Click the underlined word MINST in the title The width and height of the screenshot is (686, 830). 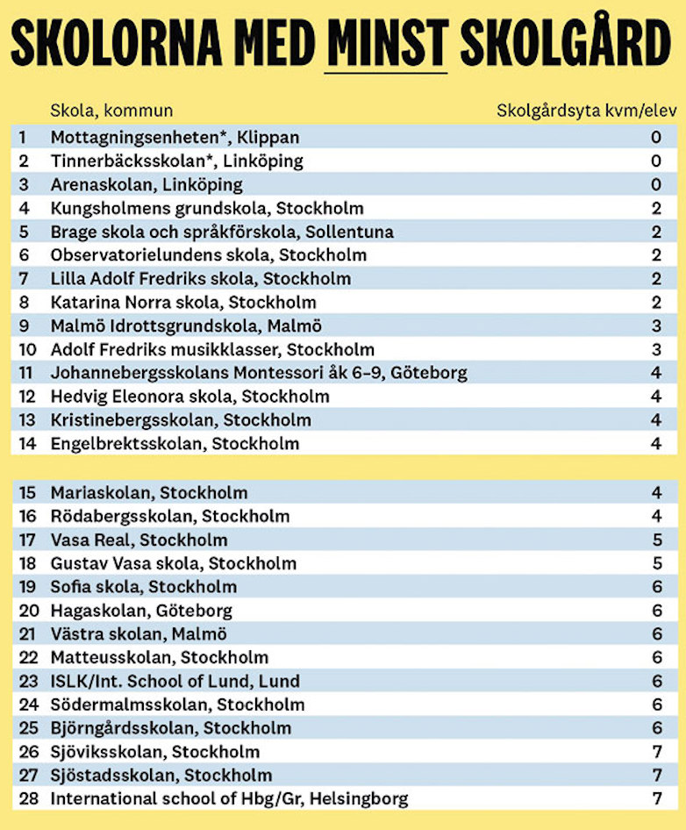386,41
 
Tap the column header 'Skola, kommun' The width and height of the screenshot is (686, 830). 111,111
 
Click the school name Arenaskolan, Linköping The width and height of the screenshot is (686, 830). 146,185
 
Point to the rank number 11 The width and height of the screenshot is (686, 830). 26,373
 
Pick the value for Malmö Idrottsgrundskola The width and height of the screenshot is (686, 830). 655,326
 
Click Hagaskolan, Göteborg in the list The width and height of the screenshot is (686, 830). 141,611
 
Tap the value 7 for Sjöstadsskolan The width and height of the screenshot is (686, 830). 655,776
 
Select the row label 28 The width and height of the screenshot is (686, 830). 28,799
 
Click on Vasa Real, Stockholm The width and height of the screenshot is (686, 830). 139,540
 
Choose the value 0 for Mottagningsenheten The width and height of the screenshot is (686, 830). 655,138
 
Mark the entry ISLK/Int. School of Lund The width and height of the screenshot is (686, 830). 175,681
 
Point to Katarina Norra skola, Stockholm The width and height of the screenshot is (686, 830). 183,303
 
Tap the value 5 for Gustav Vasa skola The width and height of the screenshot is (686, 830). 655,563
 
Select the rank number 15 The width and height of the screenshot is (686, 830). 28,493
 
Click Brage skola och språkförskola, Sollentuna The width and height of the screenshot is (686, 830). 222,233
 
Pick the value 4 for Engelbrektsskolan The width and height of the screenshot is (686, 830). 655,444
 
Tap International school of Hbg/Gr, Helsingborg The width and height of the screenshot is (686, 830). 229,799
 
